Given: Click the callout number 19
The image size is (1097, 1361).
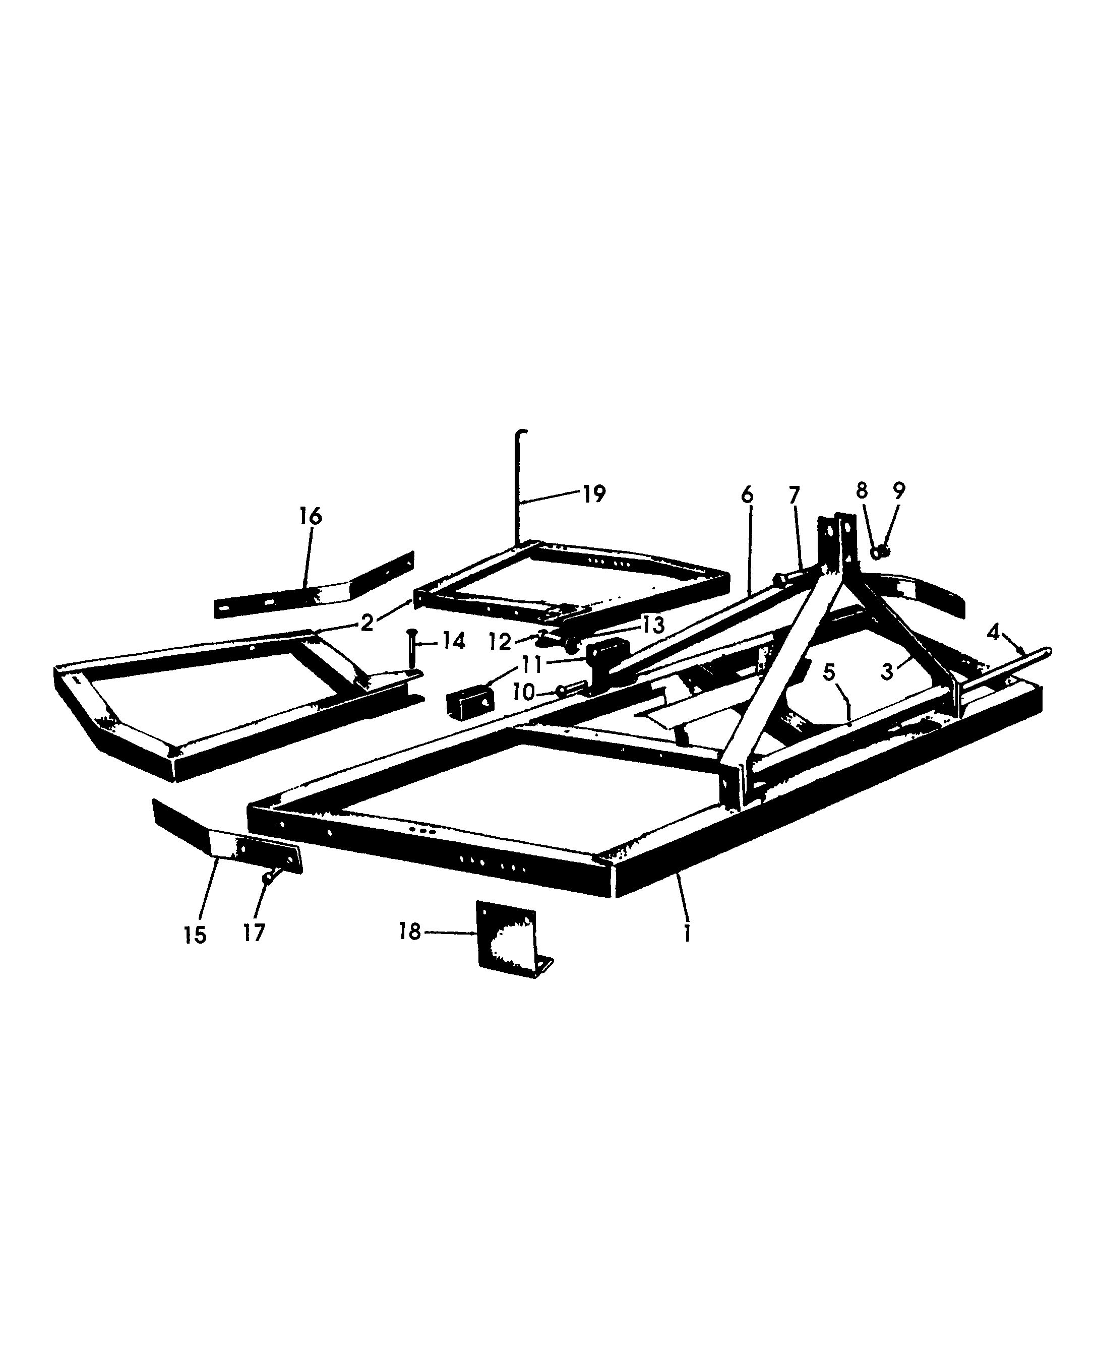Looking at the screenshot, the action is [593, 493].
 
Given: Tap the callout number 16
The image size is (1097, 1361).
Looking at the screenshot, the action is [310, 516].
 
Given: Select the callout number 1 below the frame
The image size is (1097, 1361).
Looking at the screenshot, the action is [687, 932].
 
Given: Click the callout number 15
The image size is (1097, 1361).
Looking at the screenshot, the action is [195, 935].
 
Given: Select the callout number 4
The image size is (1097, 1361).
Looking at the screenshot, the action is [993, 631].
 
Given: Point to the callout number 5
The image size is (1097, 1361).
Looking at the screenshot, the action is [829, 672].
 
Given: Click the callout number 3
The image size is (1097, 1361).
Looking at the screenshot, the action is [887, 671].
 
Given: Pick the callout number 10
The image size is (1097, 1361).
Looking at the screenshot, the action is [524, 692].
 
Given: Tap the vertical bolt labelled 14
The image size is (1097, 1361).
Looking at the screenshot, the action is [413, 651].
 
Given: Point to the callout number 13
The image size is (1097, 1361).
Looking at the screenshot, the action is [654, 625].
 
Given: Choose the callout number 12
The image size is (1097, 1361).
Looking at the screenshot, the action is [500, 642].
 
